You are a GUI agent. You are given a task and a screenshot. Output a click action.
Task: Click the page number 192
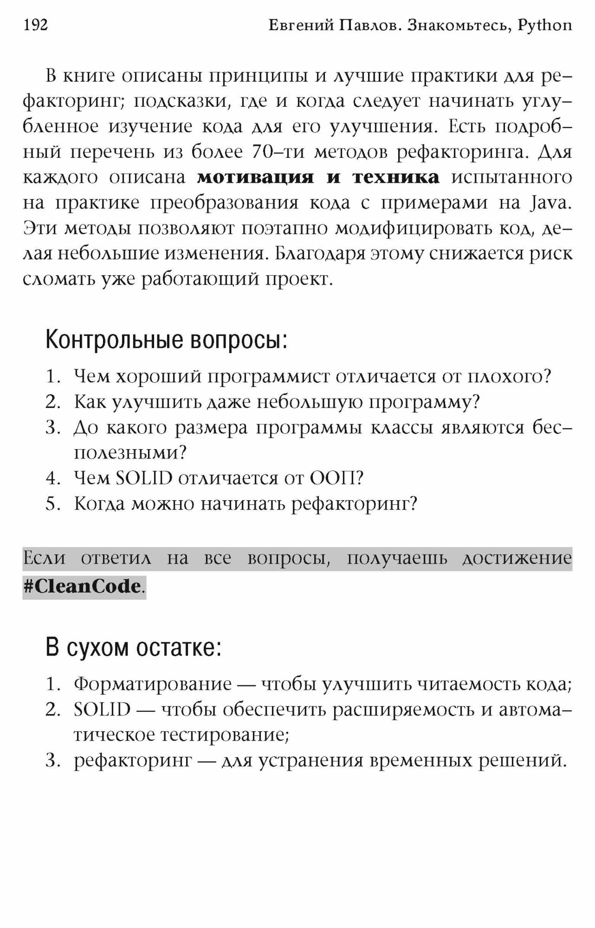(35, 25)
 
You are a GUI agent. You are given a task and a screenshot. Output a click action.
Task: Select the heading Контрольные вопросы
(166, 340)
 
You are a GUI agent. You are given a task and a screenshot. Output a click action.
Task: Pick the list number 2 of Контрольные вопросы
(53, 402)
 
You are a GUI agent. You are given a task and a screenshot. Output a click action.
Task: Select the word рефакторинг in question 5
(354, 503)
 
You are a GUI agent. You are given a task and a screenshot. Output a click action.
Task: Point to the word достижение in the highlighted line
(517, 558)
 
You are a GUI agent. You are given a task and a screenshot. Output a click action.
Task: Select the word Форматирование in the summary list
(153, 684)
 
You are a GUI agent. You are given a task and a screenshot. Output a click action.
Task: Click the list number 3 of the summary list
(53, 760)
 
